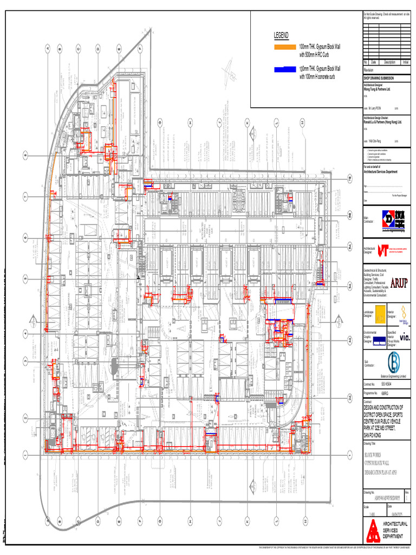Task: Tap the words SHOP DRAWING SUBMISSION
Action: (379, 78)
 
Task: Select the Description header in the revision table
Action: (389, 62)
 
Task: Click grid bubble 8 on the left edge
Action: (25, 156)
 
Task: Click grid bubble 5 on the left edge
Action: (25, 279)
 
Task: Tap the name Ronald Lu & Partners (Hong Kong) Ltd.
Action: (382, 122)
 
